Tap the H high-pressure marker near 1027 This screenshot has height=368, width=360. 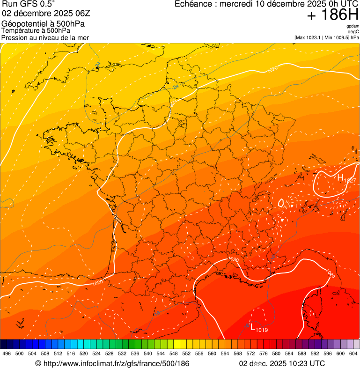(x=340, y=177)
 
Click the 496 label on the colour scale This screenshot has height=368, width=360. (x=7, y=353)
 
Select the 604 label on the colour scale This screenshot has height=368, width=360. (x=353, y=353)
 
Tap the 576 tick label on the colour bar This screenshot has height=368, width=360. (x=264, y=353)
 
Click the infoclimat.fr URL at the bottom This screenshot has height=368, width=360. (x=112, y=363)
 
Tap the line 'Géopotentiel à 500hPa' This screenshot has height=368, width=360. (x=43, y=24)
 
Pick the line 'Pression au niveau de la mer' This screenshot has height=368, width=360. (x=45, y=37)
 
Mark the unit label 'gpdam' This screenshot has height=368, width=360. (x=353, y=26)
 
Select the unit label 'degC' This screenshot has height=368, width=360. (x=353, y=31)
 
